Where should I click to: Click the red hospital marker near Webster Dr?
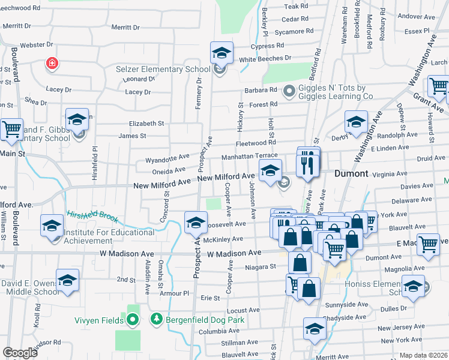(x=52, y=63)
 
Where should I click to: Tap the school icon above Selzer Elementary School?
(x=221, y=53)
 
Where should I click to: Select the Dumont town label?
(x=351, y=173)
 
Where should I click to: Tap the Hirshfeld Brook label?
(x=92, y=217)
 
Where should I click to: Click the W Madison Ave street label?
(x=234, y=254)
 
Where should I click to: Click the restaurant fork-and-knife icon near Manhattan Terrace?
(x=308, y=163)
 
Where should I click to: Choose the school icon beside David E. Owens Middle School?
(x=67, y=281)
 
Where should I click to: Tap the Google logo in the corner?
(x=20, y=352)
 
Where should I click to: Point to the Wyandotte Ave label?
(x=167, y=161)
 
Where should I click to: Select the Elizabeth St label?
(x=146, y=124)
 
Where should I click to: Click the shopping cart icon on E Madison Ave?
(x=428, y=244)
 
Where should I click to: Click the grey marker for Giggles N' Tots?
(x=289, y=91)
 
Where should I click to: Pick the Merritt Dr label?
(x=125, y=27)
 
